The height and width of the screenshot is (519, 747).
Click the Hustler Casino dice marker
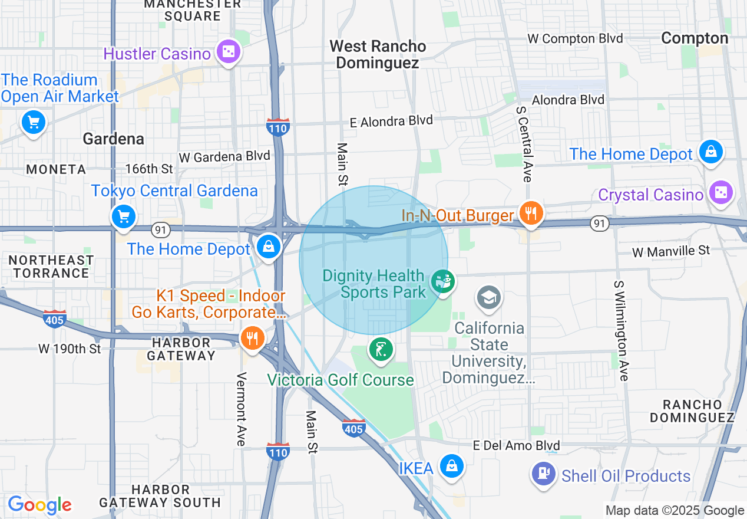(x=227, y=52)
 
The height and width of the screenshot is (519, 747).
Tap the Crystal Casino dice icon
(x=720, y=193)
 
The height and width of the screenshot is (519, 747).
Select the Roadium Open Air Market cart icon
(x=33, y=123)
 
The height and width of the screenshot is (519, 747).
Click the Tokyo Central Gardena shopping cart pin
(x=124, y=216)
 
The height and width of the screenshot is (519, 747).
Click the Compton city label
(x=695, y=38)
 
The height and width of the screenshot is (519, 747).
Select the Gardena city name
(x=113, y=139)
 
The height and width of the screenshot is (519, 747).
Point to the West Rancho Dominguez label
(x=378, y=54)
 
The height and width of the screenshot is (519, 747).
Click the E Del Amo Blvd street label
(x=517, y=445)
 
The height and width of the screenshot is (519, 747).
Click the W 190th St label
(x=70, y=349)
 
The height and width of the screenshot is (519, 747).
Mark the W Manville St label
(x=671, y=251)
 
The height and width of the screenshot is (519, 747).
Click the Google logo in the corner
(x=39, y=505)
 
